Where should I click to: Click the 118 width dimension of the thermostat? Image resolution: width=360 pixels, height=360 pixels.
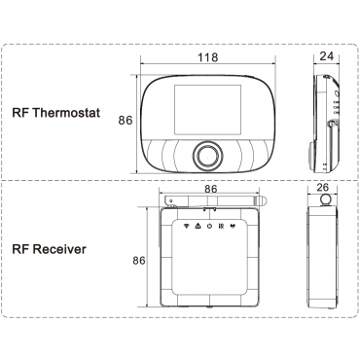click(208, 57)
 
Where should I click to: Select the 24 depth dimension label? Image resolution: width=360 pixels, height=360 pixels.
click(327, 56)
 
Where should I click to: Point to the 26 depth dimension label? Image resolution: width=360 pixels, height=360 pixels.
click(322, 187)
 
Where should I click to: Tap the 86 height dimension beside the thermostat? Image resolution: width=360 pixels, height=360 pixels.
click(126, 121)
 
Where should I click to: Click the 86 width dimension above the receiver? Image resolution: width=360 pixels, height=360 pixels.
click(211, 189)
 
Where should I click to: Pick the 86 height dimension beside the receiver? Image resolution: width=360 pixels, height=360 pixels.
click(139, 261)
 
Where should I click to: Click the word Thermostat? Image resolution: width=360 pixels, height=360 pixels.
click(66, 113)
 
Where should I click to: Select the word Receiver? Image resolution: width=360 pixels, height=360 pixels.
click(59, 249)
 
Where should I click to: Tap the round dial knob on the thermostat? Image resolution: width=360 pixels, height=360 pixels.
click(207, 155)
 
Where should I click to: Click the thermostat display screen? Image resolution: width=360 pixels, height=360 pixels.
click(207, 110)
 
